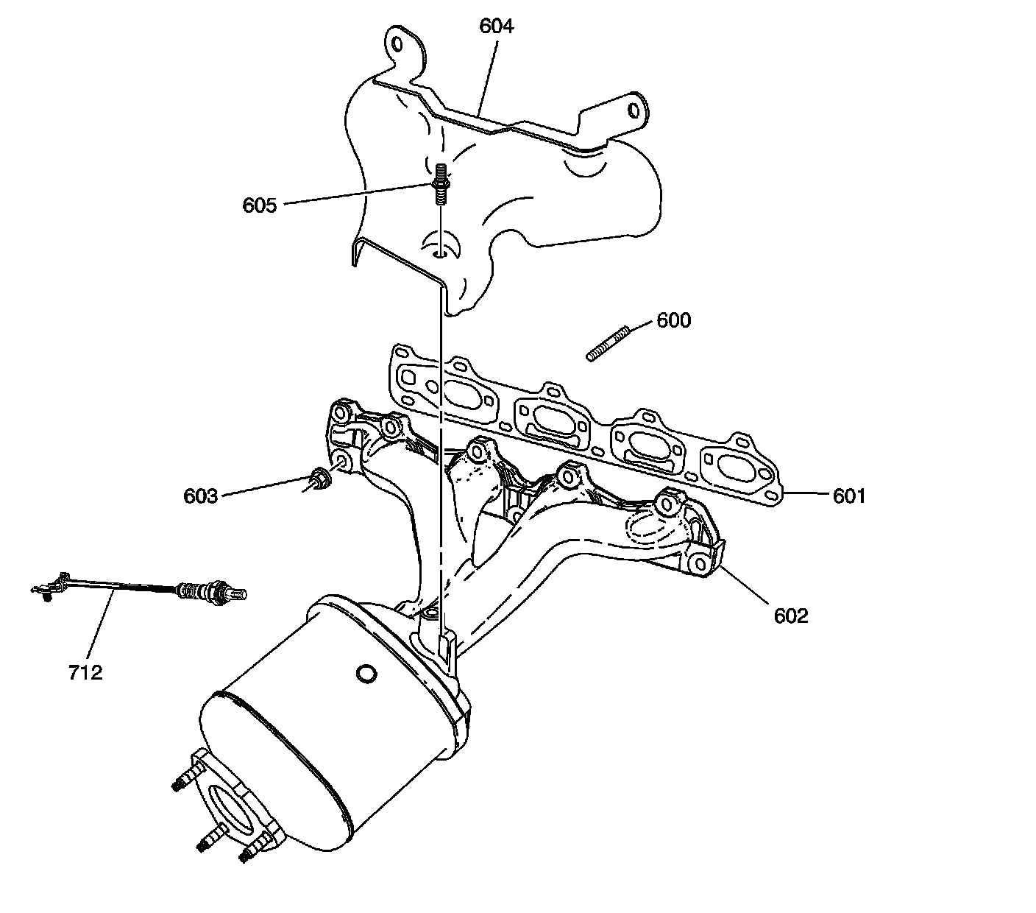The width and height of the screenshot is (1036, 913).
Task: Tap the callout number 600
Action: click(673, 320)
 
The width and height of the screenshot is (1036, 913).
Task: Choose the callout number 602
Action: click(791, 616)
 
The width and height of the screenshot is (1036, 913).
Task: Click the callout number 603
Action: click(200, 496)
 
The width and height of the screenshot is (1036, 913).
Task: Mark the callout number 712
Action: click(85, 671)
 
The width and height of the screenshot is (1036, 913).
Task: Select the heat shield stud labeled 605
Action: click(440, 183)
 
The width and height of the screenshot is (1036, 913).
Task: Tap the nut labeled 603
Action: click(319, 479)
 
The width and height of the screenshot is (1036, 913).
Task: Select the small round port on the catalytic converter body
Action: click(365, 673)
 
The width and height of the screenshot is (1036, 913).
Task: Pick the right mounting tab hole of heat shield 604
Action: click(632, 109)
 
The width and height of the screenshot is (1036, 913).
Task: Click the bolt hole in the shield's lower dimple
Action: click(439, 253)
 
